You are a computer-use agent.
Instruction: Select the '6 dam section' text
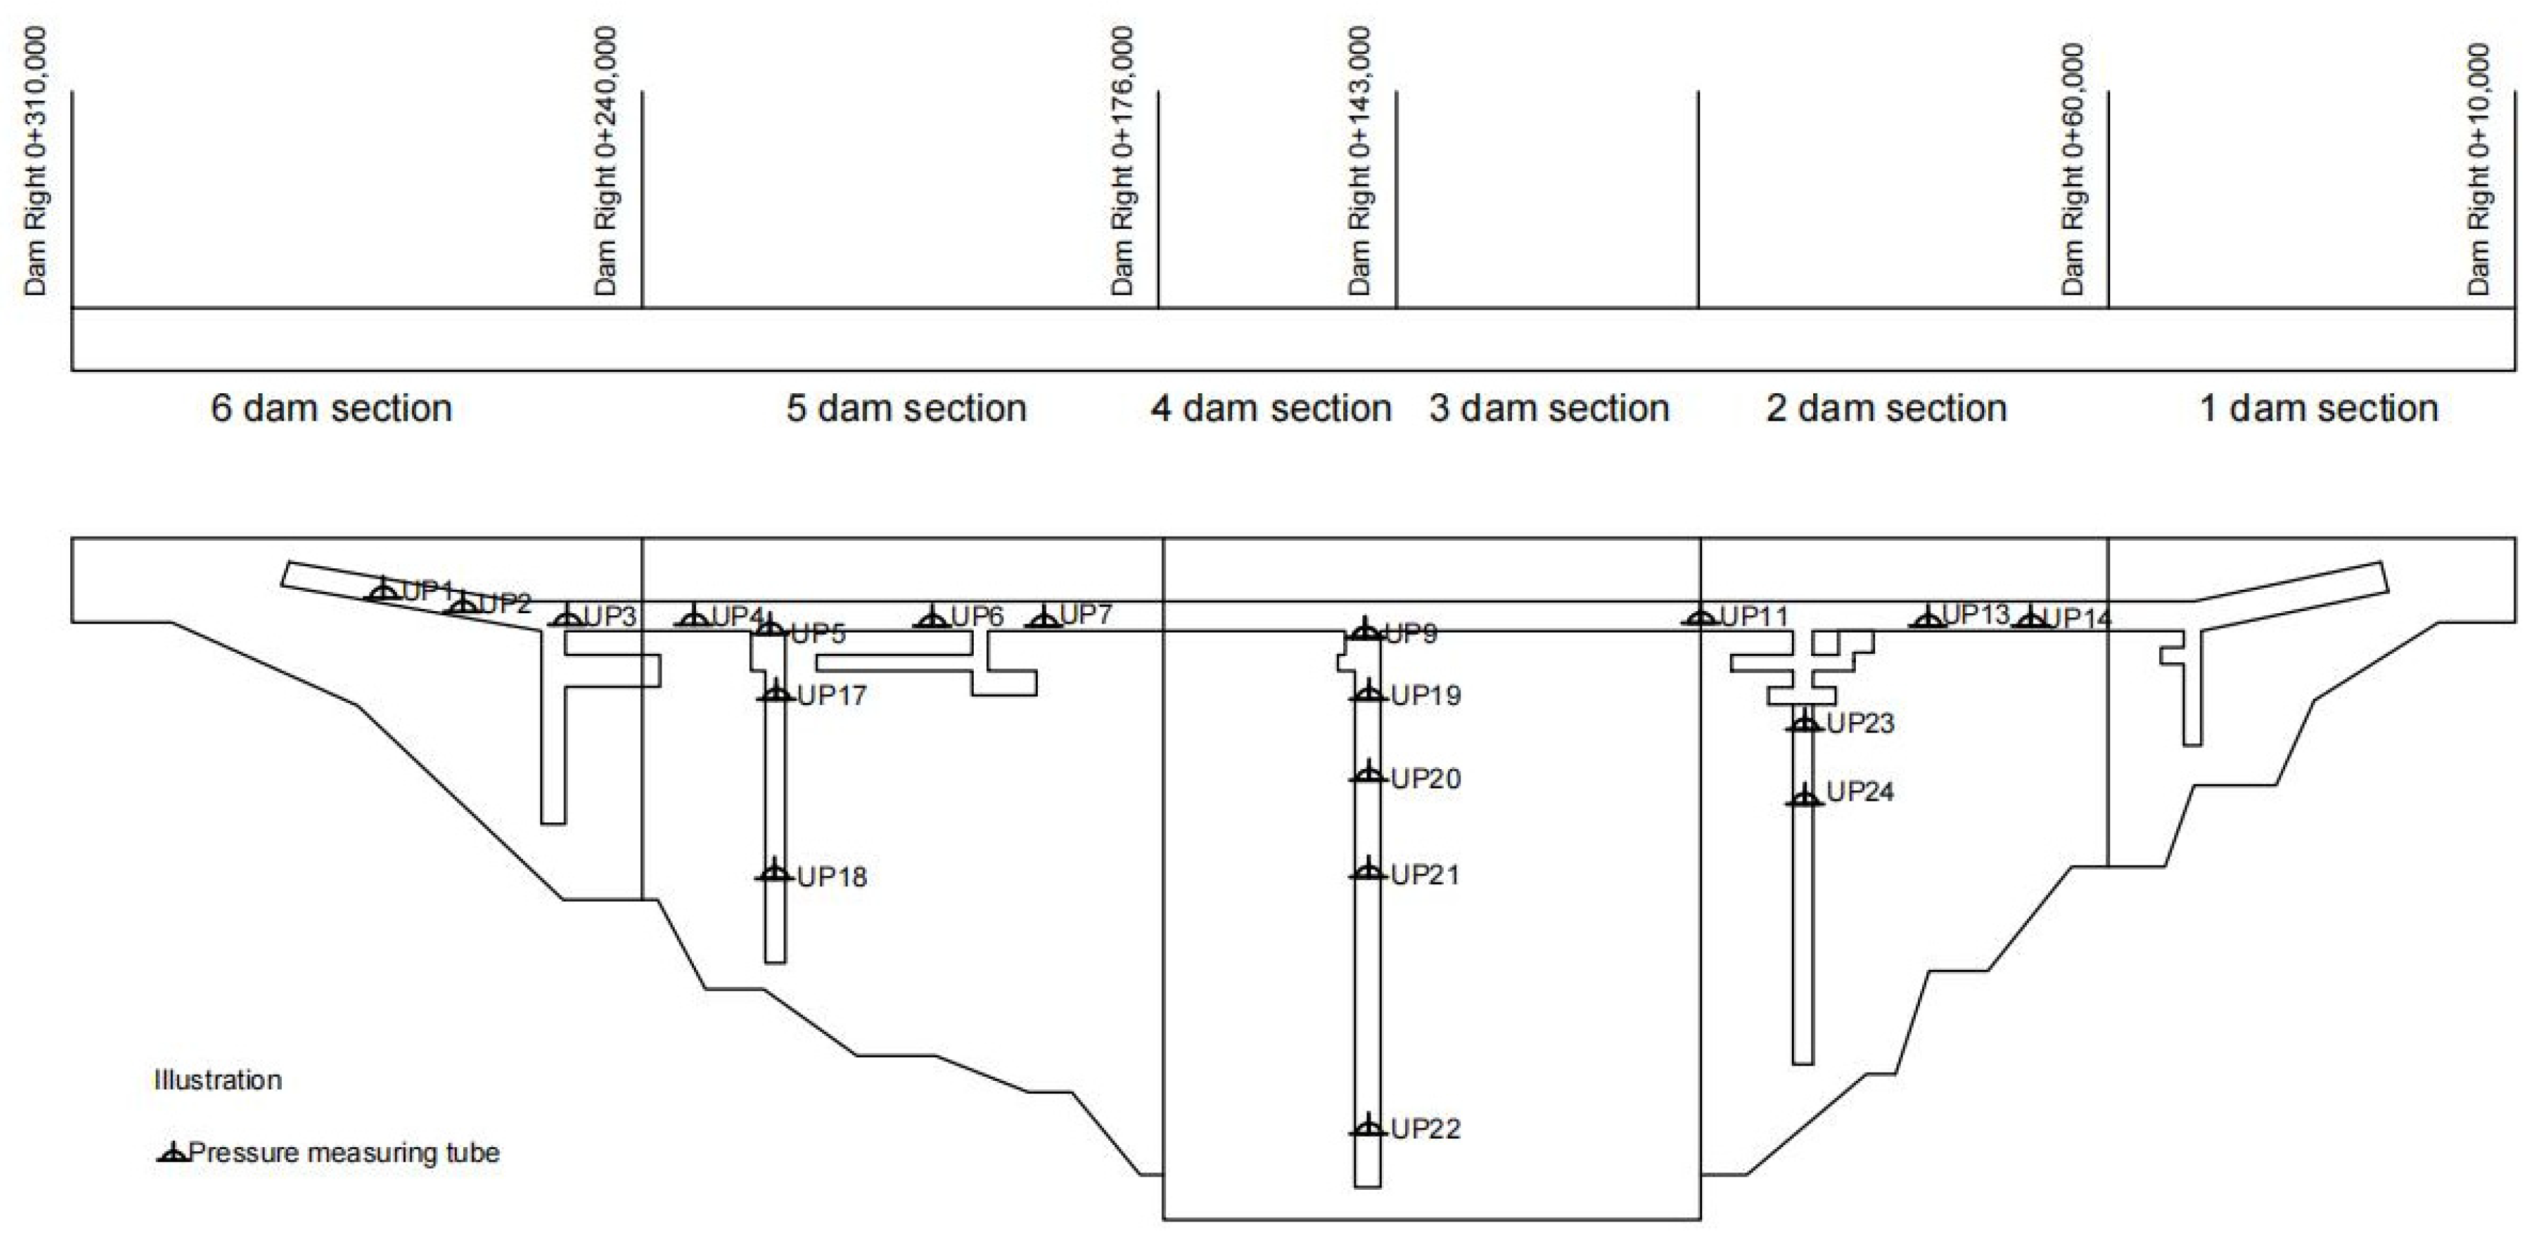(x=331, y=408)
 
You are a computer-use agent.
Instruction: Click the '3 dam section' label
(x=1549, y=408)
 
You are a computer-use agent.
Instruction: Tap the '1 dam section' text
(x=2318, y=408)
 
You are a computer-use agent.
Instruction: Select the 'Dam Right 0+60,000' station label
(x=2073, y=169)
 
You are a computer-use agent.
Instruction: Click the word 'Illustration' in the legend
(x=217, y=1079)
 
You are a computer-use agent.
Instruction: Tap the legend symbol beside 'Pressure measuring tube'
(x=172, y=1153)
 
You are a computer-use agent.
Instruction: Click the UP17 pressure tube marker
(x=776, y=694)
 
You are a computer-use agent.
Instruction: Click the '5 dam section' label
(x=906, y=408)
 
